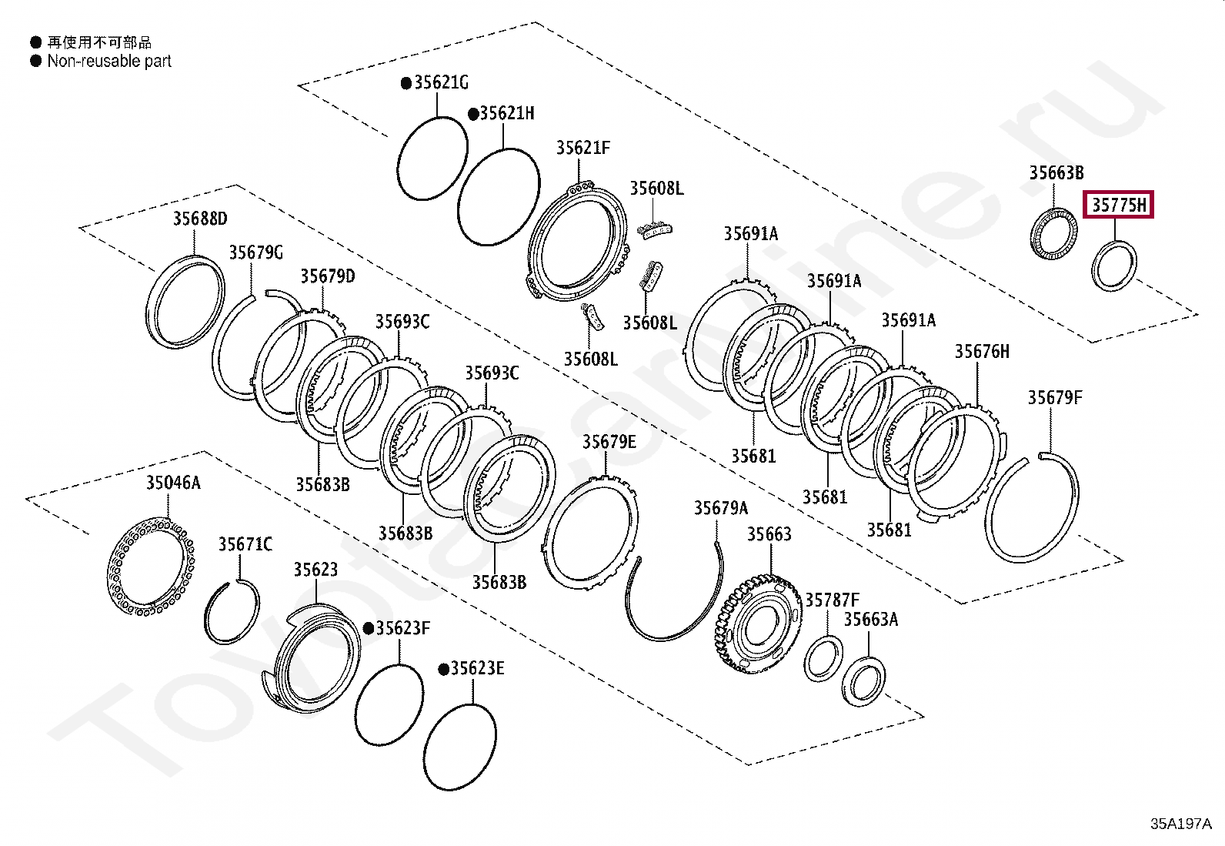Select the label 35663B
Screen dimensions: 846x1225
click(x=1056, y=173)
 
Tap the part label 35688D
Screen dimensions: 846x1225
click(x=200, y=219)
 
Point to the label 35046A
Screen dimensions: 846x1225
click(x=173, y=483)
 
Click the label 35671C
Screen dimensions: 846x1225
click(x=245, y=545)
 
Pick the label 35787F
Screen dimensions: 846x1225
click(x=833, y=600)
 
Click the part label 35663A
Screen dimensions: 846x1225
click(x=871, y=620)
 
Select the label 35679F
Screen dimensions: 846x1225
click(x=1055, y=398)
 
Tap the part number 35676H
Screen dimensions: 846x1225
click(x=982, y=352)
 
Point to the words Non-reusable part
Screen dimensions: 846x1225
click(x=109, y=62)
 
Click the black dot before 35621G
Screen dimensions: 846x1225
click(x=406, y=83)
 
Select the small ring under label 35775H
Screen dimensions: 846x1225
click(x=1114, y=266)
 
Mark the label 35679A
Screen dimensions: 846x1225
click(x=721, y=508)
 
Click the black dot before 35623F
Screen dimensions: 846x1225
click(x=369, y=629)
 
